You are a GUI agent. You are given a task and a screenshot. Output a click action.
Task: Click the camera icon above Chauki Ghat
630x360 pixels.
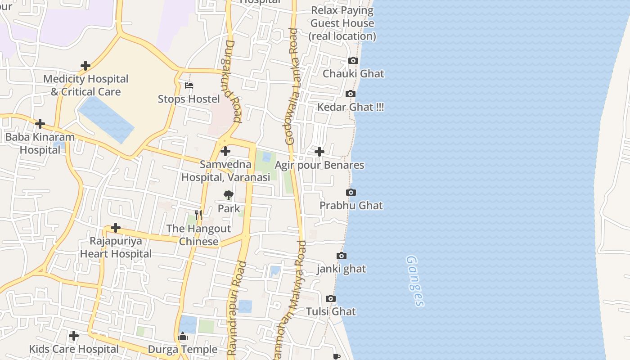(x=353, y=61)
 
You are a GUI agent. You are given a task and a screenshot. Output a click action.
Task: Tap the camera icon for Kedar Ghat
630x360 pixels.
(x=350, y=94)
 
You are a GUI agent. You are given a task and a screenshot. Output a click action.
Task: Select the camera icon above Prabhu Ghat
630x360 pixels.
(x=351, y=193)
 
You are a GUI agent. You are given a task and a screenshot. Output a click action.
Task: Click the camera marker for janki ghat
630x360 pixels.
(x=342, y=256)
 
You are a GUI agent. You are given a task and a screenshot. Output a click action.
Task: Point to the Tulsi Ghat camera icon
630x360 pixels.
(x=330, y=299)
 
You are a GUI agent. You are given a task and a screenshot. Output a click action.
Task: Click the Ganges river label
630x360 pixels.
(x=415, y=281)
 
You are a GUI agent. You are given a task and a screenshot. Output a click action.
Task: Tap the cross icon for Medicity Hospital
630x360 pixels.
(x=85, y=66)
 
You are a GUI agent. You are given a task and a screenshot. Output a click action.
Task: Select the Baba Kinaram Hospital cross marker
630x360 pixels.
(x=40, y=124)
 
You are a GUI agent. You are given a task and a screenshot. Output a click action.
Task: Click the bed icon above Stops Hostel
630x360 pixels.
(x=189, y=85)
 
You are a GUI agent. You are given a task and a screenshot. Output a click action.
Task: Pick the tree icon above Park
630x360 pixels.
(x=229, y=195)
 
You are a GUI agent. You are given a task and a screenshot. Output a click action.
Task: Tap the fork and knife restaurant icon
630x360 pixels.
(x=198, y=216)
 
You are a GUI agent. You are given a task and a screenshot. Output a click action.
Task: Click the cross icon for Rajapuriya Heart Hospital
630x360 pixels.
(x=116, y=228)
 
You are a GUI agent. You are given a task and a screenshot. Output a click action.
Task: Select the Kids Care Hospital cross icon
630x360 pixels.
(x=74, y=336)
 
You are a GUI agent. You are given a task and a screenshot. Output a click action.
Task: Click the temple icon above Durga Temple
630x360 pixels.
(x=183, y=336)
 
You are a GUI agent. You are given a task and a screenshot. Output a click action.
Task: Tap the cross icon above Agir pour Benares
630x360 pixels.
(x=319, y=152)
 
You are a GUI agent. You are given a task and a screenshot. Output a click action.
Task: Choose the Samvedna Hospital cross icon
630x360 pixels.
(x=225, y=152)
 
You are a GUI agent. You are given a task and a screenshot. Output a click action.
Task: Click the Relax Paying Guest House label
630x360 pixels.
(x=343, y=23)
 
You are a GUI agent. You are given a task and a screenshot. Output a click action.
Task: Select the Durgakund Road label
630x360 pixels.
(x=233, y=81)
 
